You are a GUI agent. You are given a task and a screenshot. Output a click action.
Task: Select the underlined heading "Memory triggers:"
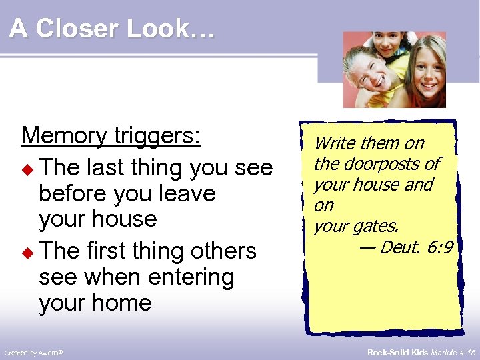click(x=111, y=135)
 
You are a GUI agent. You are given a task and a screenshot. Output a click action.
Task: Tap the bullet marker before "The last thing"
click(x=27, y=169)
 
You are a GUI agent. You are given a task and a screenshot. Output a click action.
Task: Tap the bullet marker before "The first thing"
click(x=27, y=252)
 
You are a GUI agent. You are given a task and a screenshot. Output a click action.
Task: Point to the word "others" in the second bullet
click(x=223, y=251)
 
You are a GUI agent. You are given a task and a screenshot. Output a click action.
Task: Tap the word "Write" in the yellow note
click(x=334, y=143)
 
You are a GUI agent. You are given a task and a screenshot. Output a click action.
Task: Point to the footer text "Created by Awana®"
click(x=33, y=351)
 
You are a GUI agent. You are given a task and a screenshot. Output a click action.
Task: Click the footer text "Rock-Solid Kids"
click(x=397, y=351)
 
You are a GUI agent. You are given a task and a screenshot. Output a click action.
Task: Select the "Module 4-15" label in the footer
click(x=453, y=351)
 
